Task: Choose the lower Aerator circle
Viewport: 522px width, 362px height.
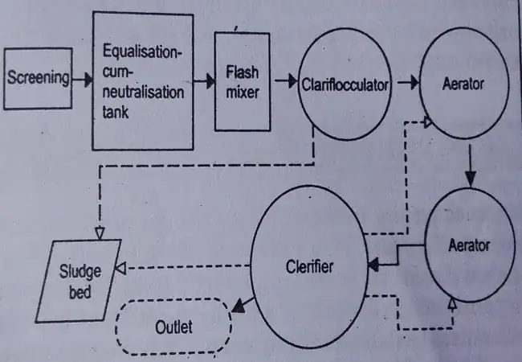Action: click(468, 244)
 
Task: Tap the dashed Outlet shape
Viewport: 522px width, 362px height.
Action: click(174, 327)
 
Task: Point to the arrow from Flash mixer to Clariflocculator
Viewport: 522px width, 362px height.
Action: click(283, 80)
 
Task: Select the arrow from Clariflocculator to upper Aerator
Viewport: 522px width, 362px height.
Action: click(406, 81)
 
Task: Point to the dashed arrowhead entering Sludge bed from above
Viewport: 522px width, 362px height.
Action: click(100, 232)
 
